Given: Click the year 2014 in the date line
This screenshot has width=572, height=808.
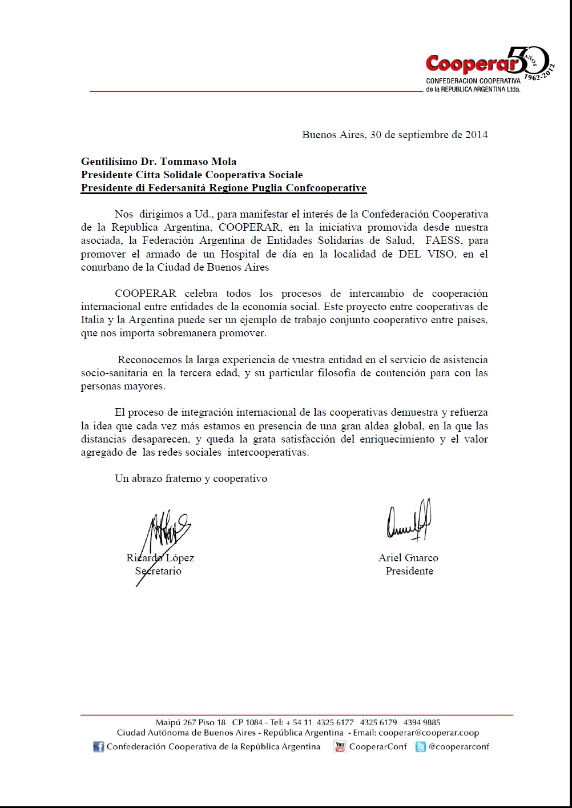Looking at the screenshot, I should [476, 135].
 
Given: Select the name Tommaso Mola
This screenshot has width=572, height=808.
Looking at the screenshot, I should [198, 162].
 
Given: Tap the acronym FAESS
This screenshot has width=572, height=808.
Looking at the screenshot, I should [443, 240].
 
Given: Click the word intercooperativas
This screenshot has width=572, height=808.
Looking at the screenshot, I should [268, 452].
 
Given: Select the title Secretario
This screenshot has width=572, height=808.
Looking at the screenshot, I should [158, 571].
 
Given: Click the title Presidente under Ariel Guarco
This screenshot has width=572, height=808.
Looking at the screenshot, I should [409, 571].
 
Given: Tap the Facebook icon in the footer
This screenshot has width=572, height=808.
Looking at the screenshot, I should [99, 747].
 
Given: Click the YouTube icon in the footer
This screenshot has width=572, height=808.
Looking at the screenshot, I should [340, 747].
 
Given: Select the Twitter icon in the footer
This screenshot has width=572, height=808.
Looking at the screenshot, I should [421, 747].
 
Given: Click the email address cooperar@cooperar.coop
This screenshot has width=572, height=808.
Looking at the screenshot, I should [429, 733].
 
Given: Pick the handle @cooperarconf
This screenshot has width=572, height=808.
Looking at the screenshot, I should [459, 746].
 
